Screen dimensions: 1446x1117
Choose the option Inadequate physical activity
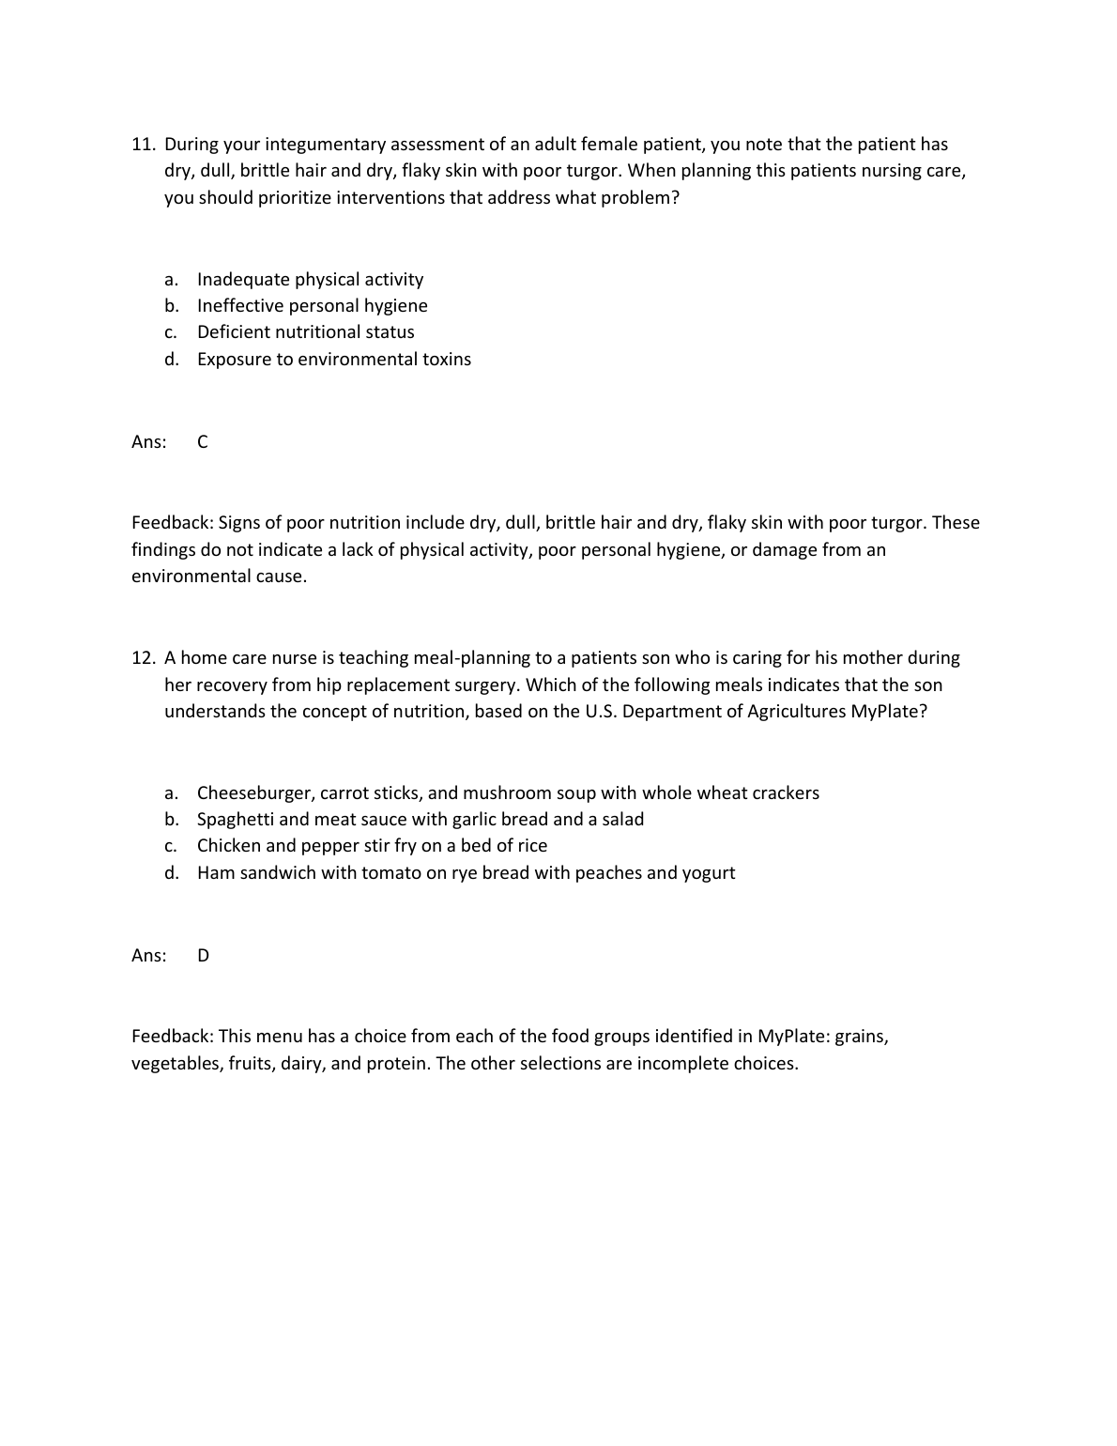(x=310, y=280)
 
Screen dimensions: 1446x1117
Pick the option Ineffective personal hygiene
(x=312, y=306)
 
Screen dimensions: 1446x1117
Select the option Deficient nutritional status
(x=305, y=332)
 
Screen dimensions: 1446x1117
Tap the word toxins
(x=446, y=360)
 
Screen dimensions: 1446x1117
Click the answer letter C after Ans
(x=203, y=442)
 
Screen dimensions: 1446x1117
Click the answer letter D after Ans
(x=204, y=956)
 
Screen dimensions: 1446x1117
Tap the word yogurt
(x=709, y=873)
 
